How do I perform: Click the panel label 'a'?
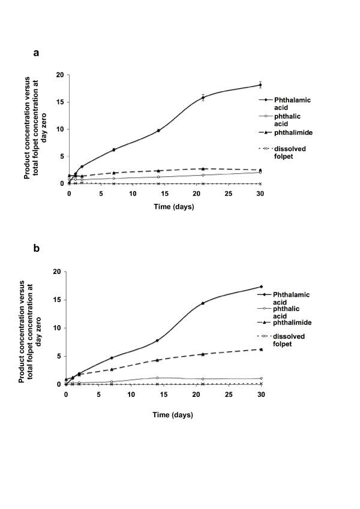coord(37,53)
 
